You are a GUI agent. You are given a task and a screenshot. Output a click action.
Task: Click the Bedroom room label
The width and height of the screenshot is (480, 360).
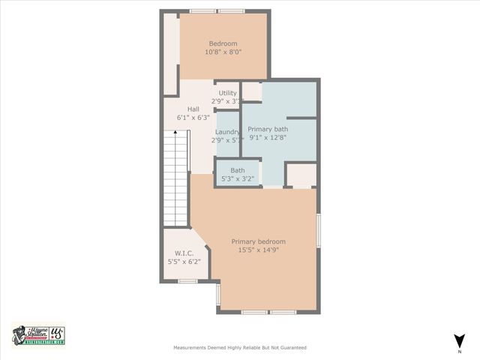(223, 43)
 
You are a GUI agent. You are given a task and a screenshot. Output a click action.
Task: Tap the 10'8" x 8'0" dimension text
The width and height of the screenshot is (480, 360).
(223, 52)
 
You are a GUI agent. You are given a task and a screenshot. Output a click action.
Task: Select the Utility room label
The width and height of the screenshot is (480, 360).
(227, 93)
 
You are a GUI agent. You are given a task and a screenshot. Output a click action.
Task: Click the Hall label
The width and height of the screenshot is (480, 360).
(193, 109)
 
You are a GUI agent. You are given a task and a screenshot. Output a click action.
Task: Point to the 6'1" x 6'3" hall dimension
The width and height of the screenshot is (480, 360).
(193, 118)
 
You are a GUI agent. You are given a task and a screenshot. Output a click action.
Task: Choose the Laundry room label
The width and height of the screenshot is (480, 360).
(227, 132)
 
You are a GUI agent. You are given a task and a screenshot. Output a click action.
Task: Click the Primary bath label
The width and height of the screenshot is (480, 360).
(268, 129)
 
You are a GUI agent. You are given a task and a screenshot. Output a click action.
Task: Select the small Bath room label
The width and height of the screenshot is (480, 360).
(238, 170)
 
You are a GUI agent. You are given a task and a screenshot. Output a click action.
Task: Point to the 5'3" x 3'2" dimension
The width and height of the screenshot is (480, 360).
(238, 179)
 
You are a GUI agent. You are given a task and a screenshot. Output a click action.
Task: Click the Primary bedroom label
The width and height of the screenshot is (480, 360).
(258, 241)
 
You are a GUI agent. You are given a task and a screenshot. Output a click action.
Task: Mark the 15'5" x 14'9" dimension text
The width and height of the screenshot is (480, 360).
(258, 250)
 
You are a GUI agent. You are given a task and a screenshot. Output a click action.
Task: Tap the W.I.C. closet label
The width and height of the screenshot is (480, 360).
(184, 253)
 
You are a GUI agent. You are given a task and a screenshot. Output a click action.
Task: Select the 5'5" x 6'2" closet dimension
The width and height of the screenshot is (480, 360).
(184, 262)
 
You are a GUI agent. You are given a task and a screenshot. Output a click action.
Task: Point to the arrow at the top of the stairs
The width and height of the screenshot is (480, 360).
(176, 133)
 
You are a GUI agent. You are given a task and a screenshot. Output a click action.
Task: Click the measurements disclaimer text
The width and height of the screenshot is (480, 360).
(239, 348)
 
